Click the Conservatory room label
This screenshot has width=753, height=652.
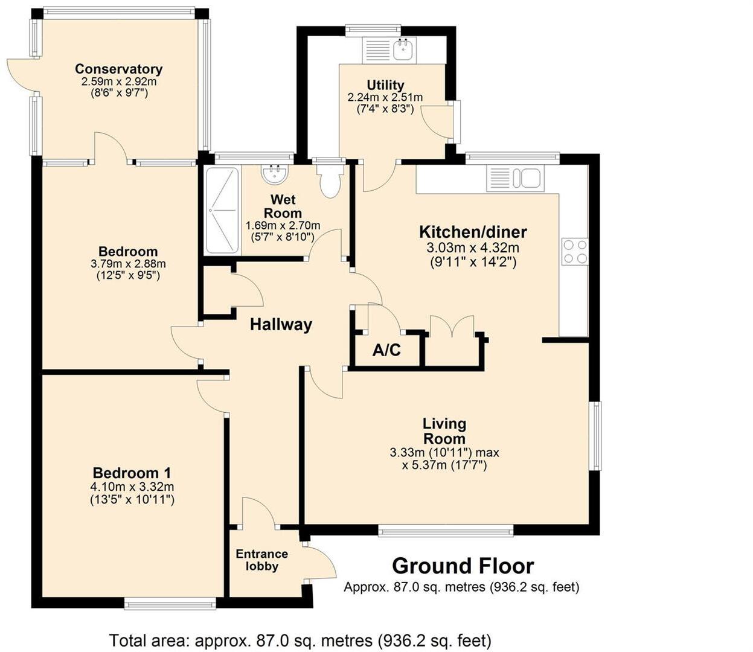click(x=118, y=69)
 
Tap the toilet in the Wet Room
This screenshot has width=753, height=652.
click(x=330, y=181)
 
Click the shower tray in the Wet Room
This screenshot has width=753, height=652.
click(x=222, y=210)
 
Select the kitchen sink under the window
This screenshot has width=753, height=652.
click(x=516, y=179)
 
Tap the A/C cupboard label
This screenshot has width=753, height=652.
click(x=386, y=350)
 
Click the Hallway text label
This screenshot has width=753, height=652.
click(x=281, y=325)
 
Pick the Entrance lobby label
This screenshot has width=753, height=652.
click(x=261, y=560)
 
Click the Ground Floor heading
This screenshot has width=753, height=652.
click(x=463, y=566)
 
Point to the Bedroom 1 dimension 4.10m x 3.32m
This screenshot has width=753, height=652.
click(x=132, y=487)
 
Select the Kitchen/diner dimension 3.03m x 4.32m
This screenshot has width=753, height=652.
click(x=473, y=248)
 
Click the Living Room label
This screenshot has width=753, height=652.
click(x=444, y=431)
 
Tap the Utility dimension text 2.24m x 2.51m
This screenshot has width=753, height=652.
click(x=385, y=97)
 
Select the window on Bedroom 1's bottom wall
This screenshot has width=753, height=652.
click(x=170, y=602)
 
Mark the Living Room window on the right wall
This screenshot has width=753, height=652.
click(x=595, y=435)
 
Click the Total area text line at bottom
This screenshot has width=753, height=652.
click(x=300, y=640)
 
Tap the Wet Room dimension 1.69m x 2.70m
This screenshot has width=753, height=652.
click(x=283, y=225)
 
